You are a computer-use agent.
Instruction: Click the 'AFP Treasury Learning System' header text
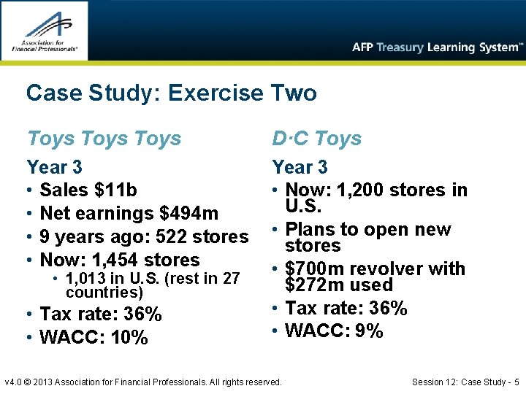click(x=438, y=47)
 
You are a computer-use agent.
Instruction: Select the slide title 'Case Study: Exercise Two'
click(x=171, y=93)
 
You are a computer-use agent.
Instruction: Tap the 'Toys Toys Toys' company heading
click(x=104, y=138)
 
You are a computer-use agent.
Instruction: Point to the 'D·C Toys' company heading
click(x=317, y=138)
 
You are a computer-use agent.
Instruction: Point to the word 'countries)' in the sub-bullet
click(x=104, y=293)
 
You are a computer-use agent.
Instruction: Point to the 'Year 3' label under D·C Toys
click(x=300, y=168)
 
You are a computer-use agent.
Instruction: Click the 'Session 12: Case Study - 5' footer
click(x=465, y=382)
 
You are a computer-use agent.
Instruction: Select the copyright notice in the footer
click(x=142, y=382)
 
